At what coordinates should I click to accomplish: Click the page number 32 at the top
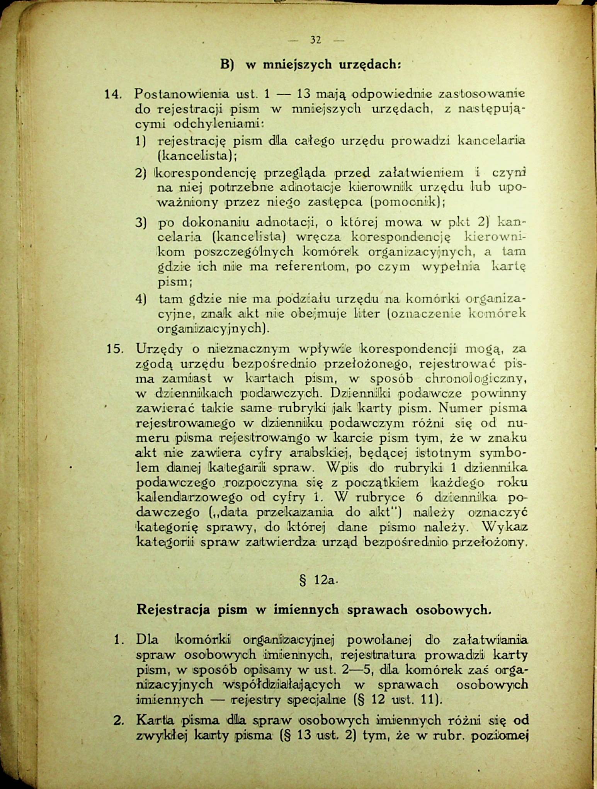(x=315, y=40)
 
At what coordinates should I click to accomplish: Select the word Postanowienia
(x=181, y=94)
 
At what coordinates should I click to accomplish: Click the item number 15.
(x=114, y=349)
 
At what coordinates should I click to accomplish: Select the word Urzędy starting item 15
(x=159, y=349)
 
